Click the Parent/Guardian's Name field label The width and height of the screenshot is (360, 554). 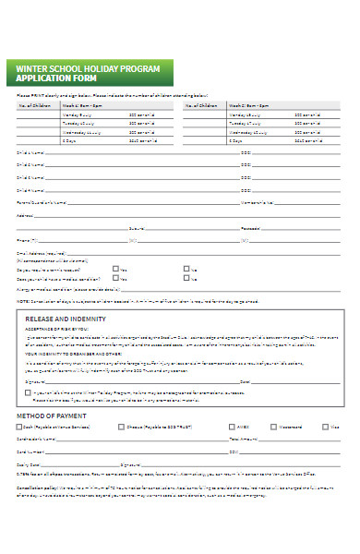(43, 201)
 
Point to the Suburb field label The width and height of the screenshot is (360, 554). (136, 227)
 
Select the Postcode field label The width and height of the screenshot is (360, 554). (250, 227)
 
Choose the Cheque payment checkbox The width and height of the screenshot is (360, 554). (121, 427)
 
